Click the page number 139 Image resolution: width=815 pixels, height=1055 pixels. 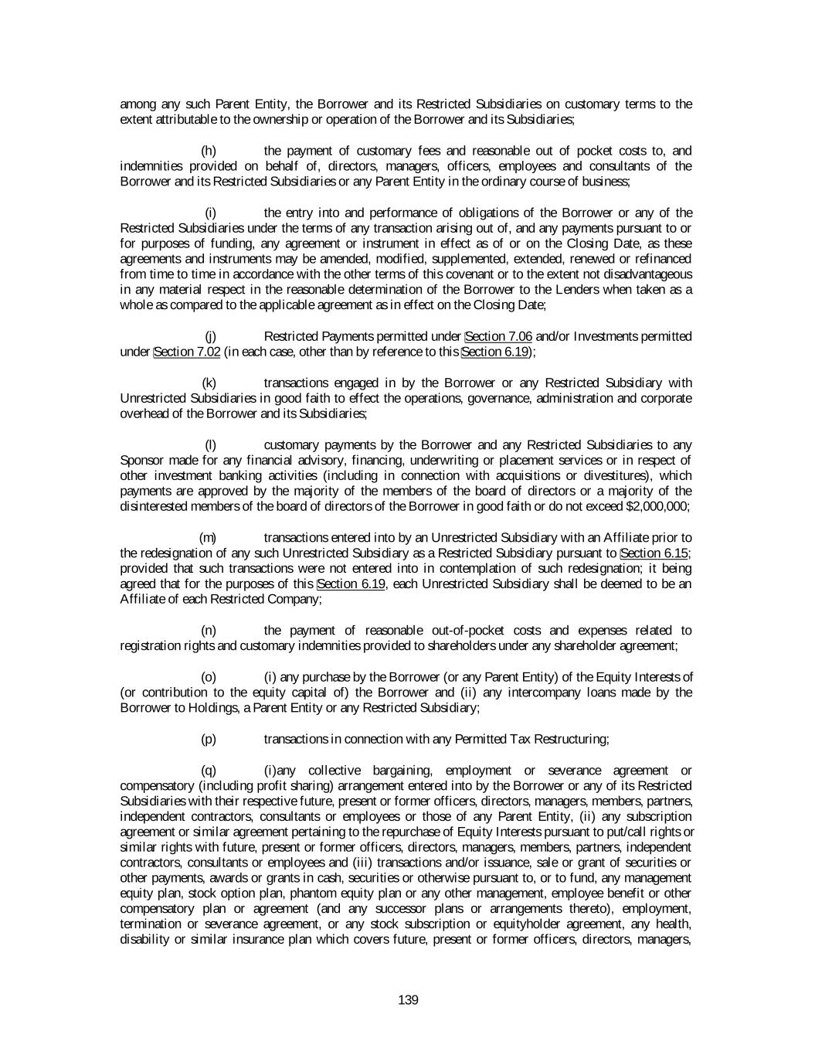(408, 1000)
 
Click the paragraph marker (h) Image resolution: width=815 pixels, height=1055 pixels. (209, 151)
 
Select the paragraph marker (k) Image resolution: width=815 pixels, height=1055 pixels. (209, 383)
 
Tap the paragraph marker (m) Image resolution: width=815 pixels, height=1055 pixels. (208, 537)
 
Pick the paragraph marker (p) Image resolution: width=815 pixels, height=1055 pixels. (209, 739)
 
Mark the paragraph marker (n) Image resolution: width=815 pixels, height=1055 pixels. (209, 630)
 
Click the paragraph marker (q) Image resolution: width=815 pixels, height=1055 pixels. (209, 770)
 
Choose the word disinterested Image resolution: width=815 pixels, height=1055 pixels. (149, 506)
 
